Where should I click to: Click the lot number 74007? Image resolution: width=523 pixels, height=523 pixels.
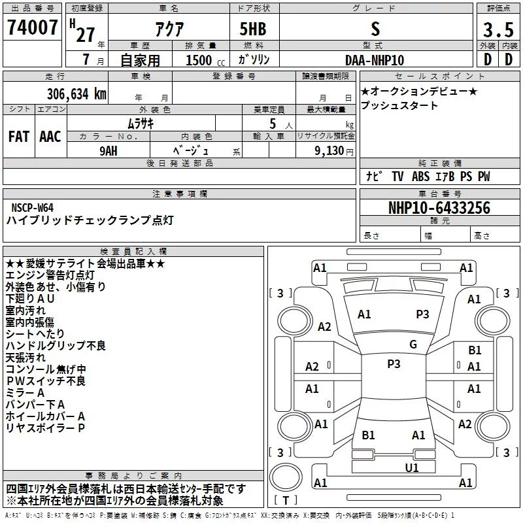(x=32, y=27)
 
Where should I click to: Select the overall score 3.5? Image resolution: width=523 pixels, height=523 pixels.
(x=498, y=29)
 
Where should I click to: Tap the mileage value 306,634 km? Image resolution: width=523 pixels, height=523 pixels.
(x=76, y=94)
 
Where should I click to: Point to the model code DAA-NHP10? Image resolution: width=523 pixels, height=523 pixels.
(x=375, y=60)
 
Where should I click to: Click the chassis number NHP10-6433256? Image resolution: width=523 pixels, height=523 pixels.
(x=439, y=208)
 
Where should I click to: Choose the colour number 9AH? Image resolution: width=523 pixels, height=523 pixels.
(x=109, y=151)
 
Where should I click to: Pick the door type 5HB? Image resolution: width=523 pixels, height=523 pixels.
(x=253, y=29)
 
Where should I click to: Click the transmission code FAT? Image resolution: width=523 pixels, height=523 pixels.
(x=19, y=137)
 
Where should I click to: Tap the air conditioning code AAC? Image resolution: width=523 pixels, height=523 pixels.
(x=50, y=137)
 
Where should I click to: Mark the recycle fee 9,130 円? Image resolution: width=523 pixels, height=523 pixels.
(x=334, y=151)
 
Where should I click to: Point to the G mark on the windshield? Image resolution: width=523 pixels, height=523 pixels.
(x=413, y=345)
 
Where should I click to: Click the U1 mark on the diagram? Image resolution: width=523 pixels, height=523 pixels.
(x=412, y=467)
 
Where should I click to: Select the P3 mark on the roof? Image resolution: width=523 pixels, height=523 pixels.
(x=394, y=364)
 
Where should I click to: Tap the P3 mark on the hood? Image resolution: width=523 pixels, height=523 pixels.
(x=422, y=314)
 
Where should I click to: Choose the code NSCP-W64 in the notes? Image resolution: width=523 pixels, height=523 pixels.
(x=32, y=208)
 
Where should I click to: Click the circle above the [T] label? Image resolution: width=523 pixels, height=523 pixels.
(x=286, y=477)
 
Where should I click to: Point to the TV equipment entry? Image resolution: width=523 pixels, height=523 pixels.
(x=397, y=177)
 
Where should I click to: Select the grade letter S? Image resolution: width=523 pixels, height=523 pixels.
(x=375, y=29)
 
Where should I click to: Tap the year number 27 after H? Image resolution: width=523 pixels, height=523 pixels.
(x=86, y=35)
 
